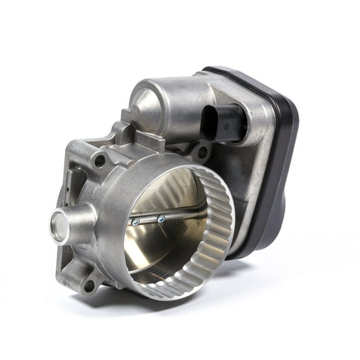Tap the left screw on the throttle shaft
[136, 221]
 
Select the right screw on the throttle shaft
[161, 218]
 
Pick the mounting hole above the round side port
[99, 161]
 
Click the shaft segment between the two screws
[149, 220]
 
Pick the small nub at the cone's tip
[127, 116]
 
